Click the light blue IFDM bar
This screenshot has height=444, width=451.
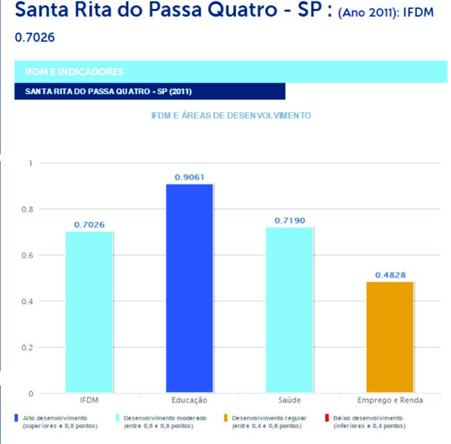coord(89,312)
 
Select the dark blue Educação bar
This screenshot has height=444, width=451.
coord(189,289)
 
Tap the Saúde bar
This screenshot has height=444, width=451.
coord(289,310)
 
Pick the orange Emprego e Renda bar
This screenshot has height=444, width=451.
coord(390,337)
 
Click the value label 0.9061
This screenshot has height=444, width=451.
coord(189,177)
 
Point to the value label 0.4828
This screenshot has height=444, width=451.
coord(390,275)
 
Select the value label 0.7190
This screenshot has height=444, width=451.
coord(289,220)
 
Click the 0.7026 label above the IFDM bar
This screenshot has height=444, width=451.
coord(89,225)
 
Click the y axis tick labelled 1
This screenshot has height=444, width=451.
coord(29,163)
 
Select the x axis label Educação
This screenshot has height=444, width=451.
coord(189,401)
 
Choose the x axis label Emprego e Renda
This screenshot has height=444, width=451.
coord(390,401)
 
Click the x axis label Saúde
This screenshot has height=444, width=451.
coord(289,401)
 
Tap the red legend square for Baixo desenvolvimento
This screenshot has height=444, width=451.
coord(327,418)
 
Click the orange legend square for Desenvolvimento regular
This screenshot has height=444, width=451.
coord(225,418)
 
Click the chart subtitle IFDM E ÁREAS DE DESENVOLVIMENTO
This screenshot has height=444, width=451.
coord(231,116)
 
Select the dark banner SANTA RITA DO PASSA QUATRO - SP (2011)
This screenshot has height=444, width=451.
coord(149,92)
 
